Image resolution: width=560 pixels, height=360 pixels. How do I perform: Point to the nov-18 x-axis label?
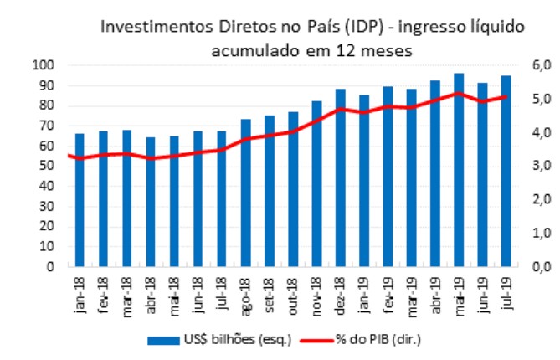click(x=317, y=294)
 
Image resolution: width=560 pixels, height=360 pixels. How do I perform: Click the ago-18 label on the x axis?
click(x=246, y=294)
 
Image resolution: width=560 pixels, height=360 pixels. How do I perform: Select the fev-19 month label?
click(x=388, y=294)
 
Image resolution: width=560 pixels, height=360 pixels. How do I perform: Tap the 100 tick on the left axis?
click(x=44, y=65)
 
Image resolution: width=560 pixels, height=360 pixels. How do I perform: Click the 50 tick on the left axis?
click(x=46, y=167)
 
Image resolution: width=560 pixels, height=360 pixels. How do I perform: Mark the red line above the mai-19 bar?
click(x=459, y=93)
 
